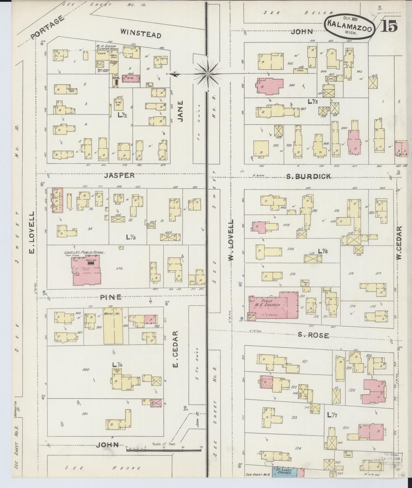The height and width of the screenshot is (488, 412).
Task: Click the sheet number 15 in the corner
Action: (388, 26)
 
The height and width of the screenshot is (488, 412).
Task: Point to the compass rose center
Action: (208, 74)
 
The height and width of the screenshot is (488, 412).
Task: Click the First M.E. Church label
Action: (271, 303)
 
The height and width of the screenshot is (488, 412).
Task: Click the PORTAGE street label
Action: (47, 28)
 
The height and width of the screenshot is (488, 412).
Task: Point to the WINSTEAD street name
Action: (140, 33)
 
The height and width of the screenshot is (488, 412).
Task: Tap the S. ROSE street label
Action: (313, 335)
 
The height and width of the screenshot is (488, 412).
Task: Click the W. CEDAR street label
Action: (399, 243)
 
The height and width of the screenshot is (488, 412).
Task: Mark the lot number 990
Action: (86, 370)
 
